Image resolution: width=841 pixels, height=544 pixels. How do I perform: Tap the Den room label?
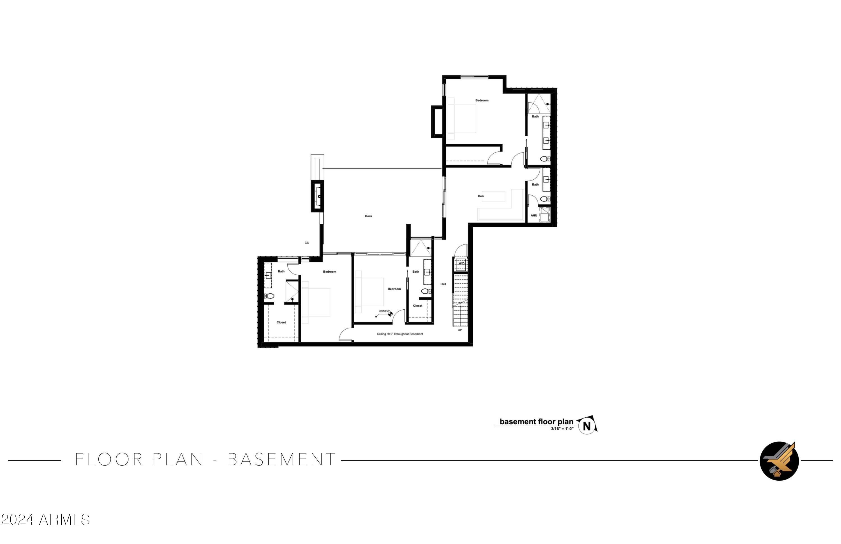coord(480,196)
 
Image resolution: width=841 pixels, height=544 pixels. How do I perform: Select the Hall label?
coord(443,284)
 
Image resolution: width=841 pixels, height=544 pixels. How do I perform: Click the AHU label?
coord(533,216)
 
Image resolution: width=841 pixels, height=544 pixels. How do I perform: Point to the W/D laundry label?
coord(461,263)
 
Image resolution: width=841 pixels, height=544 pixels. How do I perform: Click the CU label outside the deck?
coord(307,243)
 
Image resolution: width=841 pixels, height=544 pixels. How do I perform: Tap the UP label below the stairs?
coord(460,330)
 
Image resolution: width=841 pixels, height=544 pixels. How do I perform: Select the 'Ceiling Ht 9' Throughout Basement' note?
coord(400,334)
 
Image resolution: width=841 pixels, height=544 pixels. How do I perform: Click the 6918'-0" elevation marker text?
coord(384,311)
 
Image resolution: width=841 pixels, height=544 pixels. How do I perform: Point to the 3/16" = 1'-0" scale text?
coord(562,429)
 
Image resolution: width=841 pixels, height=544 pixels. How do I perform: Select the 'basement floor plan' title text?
coord(536,422)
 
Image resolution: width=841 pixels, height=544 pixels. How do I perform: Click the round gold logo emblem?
coord(779,461)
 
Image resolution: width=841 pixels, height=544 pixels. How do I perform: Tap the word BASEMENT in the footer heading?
coord(282,460)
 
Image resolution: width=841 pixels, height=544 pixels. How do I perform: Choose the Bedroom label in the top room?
coord(482,100)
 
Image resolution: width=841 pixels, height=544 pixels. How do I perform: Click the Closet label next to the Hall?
coord(417,305)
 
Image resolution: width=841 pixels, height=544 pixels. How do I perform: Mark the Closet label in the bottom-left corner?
coord(281,322)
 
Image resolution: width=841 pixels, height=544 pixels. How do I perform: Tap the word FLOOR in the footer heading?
coord(109,460)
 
